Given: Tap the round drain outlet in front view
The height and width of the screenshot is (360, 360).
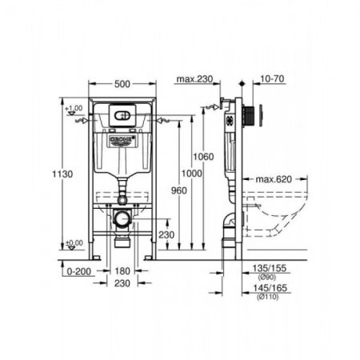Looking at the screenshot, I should (122, 218).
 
